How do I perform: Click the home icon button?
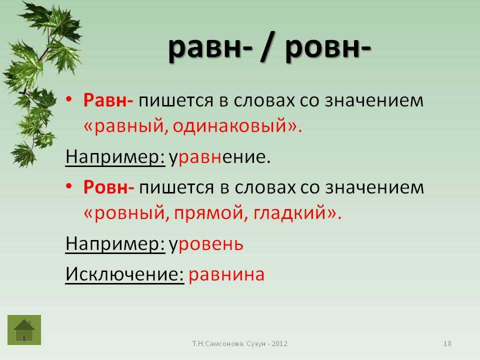[x=24, y=330]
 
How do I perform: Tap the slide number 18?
[x=447, y=343]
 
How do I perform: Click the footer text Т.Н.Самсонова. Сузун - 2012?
[x=240, y=343]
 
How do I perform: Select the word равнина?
[x=226, y=274]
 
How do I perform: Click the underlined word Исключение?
[x=124, y=273]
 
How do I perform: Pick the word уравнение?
[x=220, y=157]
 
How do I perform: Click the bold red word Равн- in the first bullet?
[x=108, y=100]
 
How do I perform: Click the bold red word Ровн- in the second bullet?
[x=108, y=187]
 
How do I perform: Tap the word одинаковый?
[x=229, y=126]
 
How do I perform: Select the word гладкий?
[x=289, y=213]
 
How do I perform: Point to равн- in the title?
[x=210, y=48]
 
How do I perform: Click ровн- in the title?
[x=328, y=48]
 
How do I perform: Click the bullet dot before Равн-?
[x=69, y=99]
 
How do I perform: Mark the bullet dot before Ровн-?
[x=69, y=186]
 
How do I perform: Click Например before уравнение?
[x=115, y=157]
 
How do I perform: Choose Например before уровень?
[x=115, y=244]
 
